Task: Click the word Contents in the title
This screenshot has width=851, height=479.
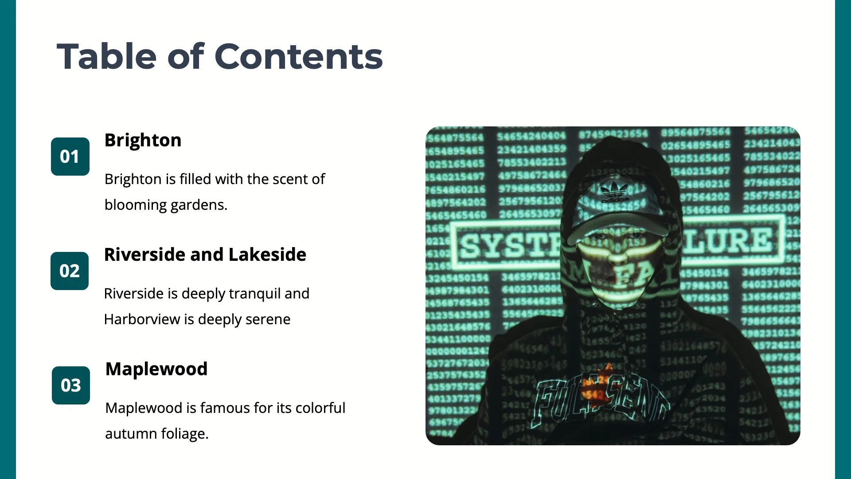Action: point(298,57)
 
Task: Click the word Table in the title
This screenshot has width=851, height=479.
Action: point(106,57)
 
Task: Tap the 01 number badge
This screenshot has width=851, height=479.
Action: point(70,157)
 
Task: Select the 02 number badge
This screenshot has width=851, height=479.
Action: point(70,271)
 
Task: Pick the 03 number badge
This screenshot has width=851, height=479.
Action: point(71,385)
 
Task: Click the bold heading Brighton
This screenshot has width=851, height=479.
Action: point(143,140)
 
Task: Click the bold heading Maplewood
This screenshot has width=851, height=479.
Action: point(156,369)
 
